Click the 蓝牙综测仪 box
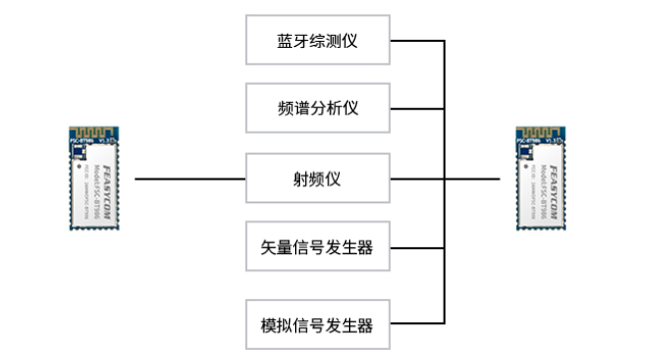click(316, 42)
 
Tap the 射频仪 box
click(316, 179)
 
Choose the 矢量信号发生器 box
click(316, 246)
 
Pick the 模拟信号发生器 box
click(316, 324)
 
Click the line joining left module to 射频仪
click(189, 180)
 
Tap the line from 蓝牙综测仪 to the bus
click(414, 42)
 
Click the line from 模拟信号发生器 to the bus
click(414, 324)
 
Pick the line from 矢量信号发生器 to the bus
click(414, 246)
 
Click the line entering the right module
click(474, 180)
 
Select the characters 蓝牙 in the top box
click(292, 42)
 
